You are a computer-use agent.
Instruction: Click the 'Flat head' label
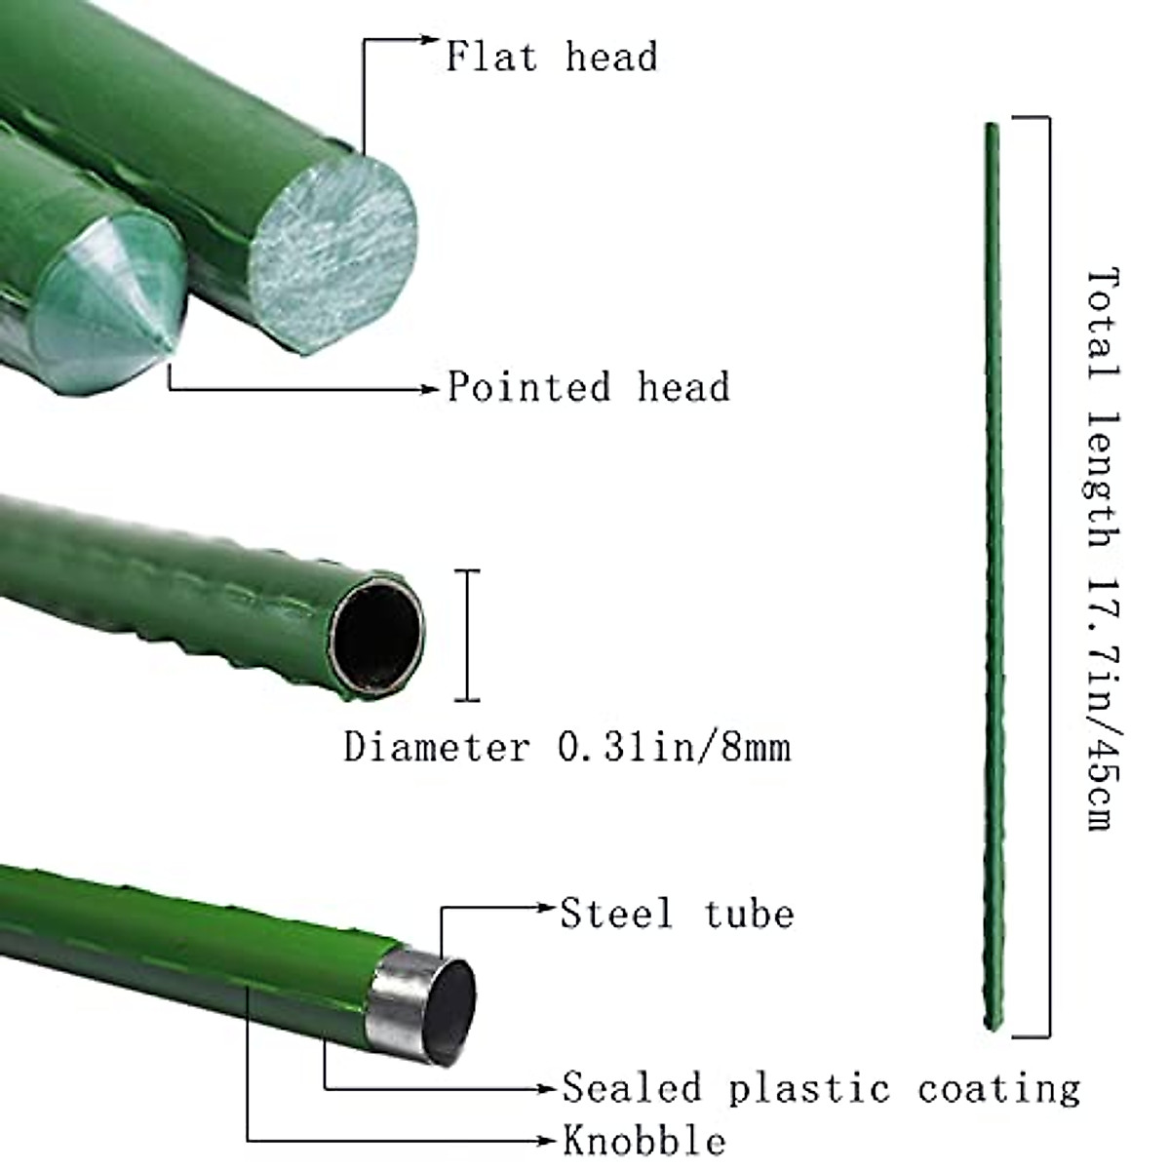[551, 57]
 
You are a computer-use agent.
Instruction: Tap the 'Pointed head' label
[588, 387]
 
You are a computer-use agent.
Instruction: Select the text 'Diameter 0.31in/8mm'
[566, 748]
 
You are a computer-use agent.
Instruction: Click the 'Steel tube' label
[677, 914]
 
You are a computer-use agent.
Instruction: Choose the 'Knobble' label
[643, 1140]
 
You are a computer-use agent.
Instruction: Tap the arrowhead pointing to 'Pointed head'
[433, 388]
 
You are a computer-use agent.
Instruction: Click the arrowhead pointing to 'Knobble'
[549, 1140]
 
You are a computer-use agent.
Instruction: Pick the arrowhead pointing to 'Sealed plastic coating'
[549, 1087]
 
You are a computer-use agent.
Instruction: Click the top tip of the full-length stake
[991, 123]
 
